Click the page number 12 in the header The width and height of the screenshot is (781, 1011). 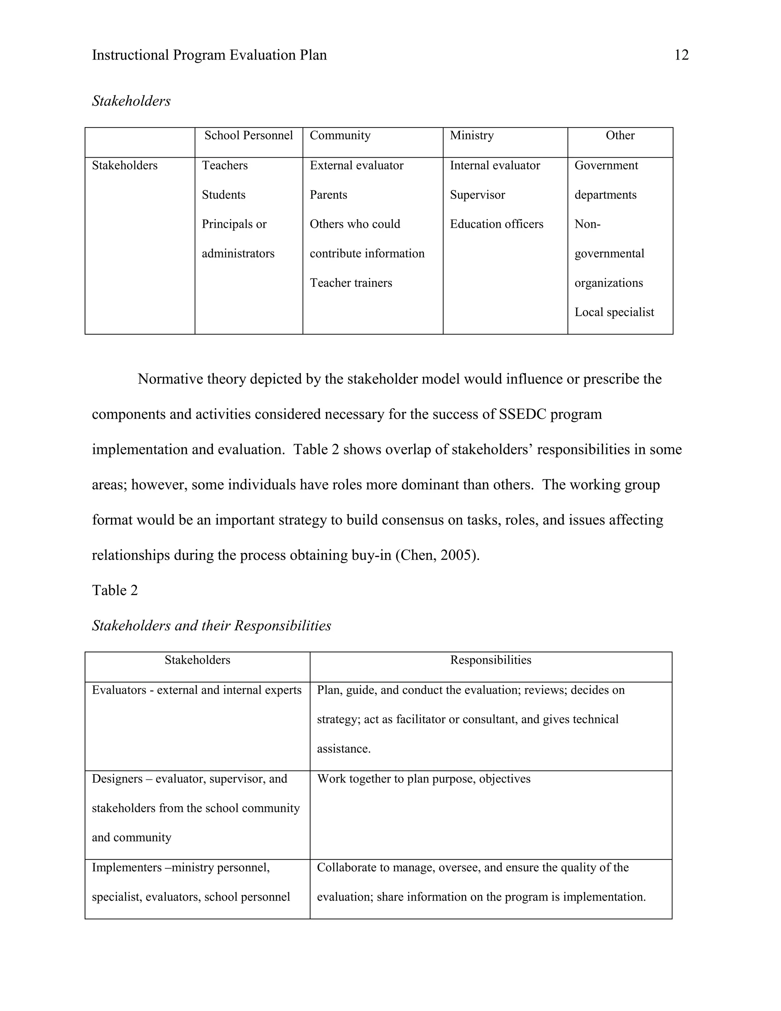click(x=681, y=55)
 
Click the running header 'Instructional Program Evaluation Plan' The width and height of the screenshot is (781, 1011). click(x=209, y=55)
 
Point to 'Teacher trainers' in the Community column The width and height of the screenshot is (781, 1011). click(x=351, y=283)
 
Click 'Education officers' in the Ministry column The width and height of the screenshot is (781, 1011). click(x=497, y=224)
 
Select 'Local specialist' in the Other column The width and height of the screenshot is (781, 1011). click(x=614, y=312)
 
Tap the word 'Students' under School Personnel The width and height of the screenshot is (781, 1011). click(x=223, y=195)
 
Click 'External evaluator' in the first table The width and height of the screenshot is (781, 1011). click(x=356, y=165)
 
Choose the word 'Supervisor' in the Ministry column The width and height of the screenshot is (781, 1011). click(x=477, y=195)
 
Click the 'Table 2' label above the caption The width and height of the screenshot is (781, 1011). click(x=115, y=590)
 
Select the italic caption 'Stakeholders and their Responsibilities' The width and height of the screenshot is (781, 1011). click(x=211, y=626)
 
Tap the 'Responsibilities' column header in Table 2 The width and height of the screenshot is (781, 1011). click(x=490, y=660)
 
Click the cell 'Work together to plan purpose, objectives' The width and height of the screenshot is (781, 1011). click(x=423, y=779)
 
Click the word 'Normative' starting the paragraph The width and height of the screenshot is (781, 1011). click(x=170, y=379)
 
